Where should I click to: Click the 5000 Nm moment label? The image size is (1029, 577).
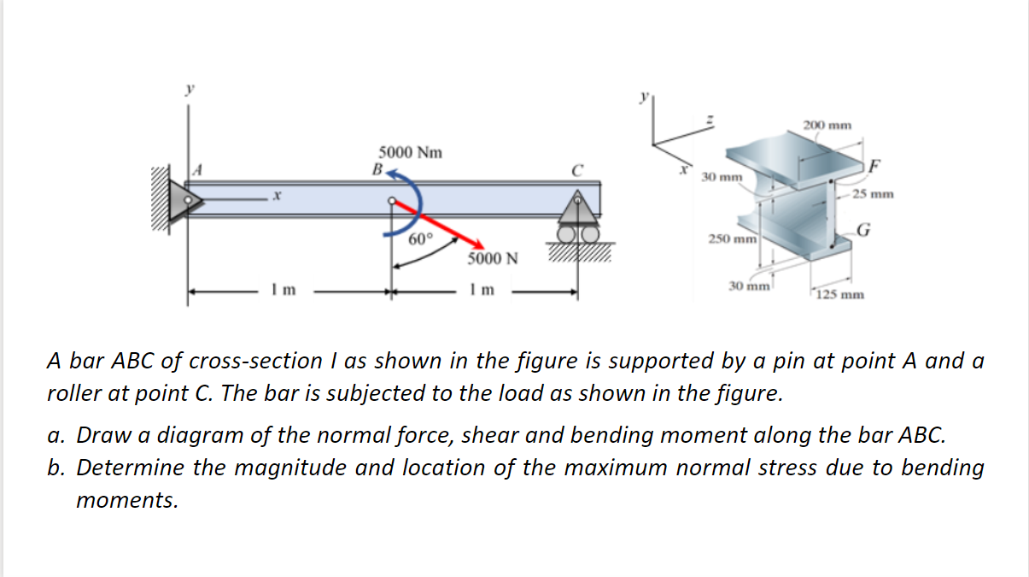coord(411,153)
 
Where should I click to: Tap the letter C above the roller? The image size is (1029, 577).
coord(578,169)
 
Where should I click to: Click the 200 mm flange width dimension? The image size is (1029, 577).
coord(827,126)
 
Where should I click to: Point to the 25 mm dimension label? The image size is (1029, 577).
coord(873,194)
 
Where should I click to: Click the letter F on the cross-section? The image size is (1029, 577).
coord(874,165)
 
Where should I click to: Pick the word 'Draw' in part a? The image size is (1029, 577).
coord(98,435)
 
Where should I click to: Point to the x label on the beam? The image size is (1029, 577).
coord(277,197)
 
